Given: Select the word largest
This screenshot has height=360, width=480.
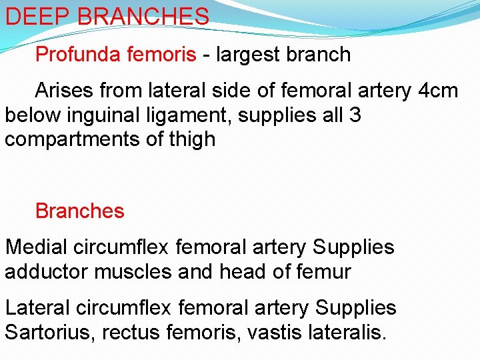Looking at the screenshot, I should tap(252, 54).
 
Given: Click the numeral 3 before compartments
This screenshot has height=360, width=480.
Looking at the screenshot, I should tap(355, 115).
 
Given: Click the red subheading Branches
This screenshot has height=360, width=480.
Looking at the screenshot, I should tap(79, 211).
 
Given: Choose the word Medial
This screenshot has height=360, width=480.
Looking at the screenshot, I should tap(37, 247).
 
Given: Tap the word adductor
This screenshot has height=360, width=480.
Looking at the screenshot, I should tap(47, 272).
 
